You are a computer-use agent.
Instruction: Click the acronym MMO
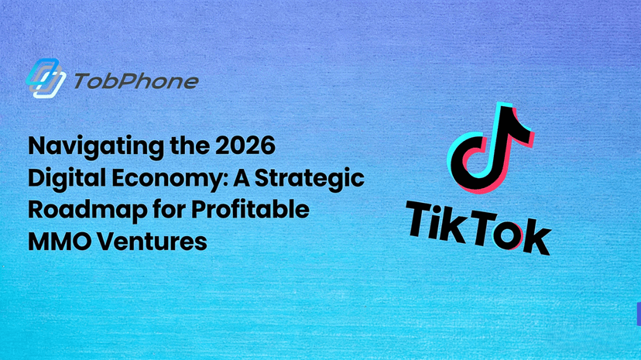point(53,241)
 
